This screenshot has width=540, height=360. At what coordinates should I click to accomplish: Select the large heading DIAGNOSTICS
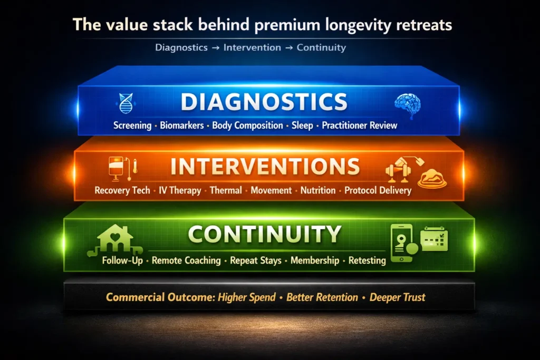264,102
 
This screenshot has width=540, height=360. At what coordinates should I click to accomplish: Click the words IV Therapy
180,190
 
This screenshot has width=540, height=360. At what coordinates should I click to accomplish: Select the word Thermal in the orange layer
226,190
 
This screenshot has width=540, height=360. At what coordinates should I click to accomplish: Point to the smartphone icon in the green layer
402,242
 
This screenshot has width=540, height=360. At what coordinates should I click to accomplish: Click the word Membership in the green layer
315,260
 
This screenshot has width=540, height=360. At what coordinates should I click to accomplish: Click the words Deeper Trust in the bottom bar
397,297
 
